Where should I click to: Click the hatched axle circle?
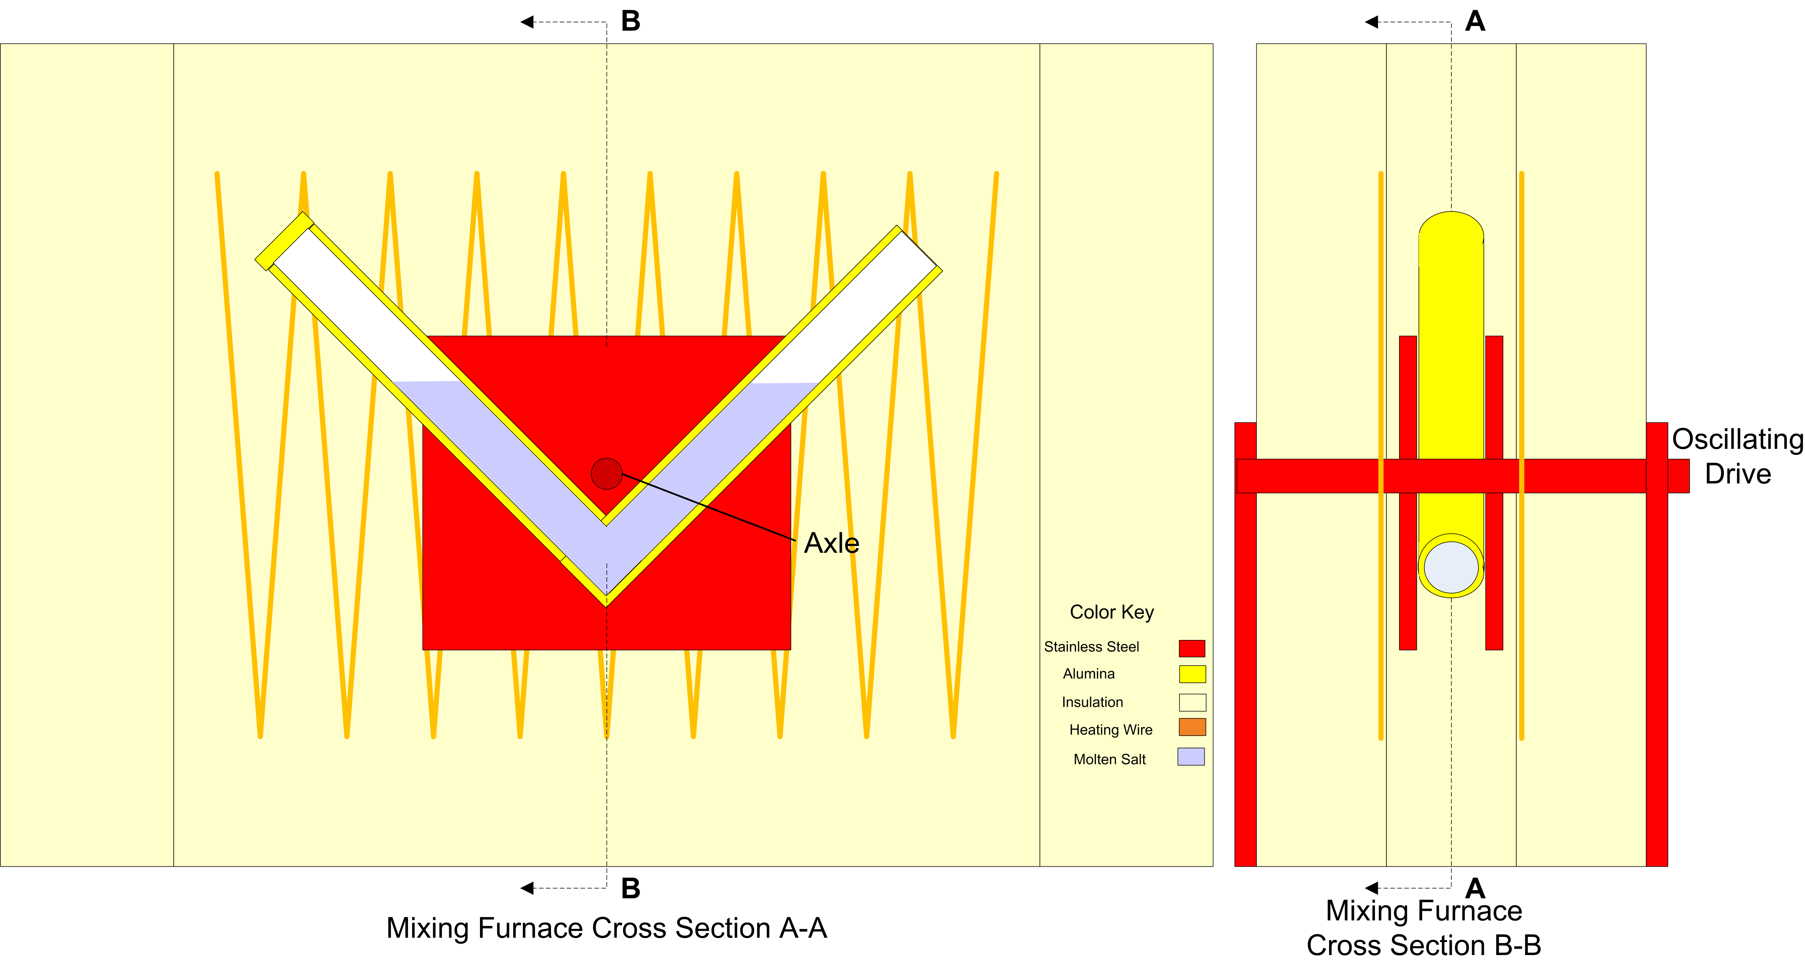click(607, 474)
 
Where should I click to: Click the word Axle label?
click(832, 543)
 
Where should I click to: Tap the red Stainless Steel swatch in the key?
click(1192, 648)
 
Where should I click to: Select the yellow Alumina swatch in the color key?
click(1192, 674)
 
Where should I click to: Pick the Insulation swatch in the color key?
click(1192, 702)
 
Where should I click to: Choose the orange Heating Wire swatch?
click(1192, 727)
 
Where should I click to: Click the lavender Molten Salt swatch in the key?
click(1191, 757)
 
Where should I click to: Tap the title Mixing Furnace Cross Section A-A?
click(607, 928)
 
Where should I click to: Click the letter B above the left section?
click(631, 22)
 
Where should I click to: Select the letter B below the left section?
click(631, 888)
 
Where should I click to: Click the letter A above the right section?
click(1475, 22)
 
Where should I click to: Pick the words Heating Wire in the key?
click(1111, 730)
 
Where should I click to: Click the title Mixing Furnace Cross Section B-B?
click(1424, 928)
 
